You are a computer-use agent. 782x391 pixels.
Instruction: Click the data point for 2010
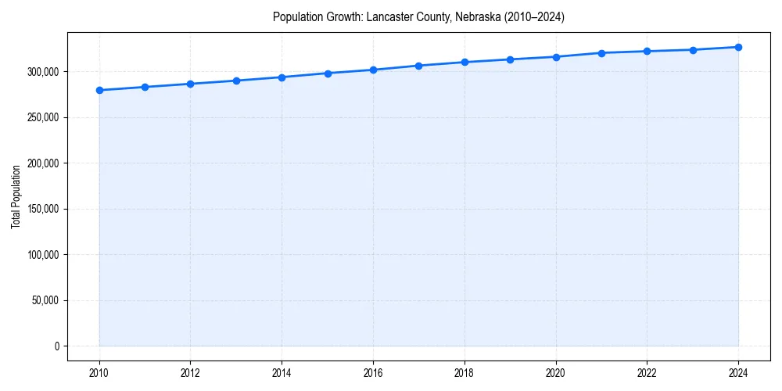99,90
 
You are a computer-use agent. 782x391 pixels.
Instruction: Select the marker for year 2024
738,47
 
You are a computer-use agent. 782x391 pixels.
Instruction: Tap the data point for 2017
418,66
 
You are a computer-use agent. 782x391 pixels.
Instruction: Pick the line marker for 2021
601,53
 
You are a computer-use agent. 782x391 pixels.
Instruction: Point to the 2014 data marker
282,77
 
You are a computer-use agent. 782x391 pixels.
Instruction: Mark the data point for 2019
510,59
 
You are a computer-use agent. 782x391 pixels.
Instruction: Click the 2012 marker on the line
190,84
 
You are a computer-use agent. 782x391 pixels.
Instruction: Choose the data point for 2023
693,50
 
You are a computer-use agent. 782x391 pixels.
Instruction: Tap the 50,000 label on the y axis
46,300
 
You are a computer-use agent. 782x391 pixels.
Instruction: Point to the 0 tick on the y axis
56,346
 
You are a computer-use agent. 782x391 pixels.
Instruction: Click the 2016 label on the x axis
373,373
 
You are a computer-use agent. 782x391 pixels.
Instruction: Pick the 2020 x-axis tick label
556,373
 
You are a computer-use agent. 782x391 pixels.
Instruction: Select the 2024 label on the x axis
738,373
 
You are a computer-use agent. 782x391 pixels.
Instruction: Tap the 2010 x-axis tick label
99,373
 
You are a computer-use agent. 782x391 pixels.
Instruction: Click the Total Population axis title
16,196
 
